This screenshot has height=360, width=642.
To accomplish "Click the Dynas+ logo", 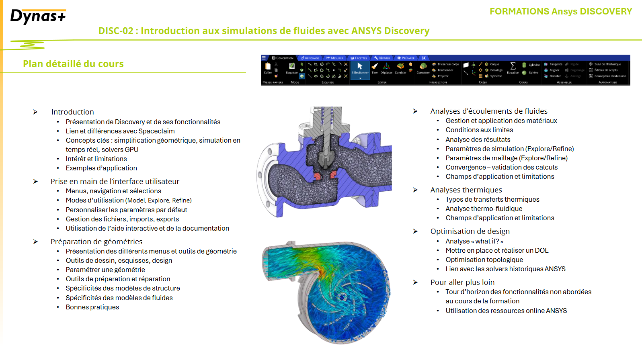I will coord(38,16).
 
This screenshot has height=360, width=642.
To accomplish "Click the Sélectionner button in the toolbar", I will coord(360,68).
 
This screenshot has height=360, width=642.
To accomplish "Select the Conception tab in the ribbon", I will coord(283,58).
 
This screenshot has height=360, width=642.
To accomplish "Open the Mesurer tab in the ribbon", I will coord(335,58).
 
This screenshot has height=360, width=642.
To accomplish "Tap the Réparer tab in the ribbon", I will coord(382,58).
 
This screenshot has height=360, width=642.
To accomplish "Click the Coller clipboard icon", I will coord(268,67).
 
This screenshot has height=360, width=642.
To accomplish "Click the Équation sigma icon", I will coord(513,66).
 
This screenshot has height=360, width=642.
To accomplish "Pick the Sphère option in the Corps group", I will coord(531,73).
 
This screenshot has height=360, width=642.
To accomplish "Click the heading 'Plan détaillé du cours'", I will coord(73,64).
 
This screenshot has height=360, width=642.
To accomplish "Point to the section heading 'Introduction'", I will coord(72,112).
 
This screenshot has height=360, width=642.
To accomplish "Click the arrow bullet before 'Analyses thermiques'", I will coord(415,190).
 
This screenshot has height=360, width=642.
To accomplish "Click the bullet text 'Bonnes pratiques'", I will coord(92,307).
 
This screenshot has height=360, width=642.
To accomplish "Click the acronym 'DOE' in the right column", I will coord(541,250).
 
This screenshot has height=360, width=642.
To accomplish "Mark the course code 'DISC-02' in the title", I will coord(116,31).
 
